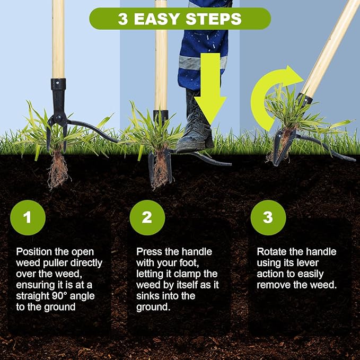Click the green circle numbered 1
point(28,217)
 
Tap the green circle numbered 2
point(147,217)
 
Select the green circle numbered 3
point(268,217)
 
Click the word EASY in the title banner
point(157,19)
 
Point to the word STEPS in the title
point(214,19)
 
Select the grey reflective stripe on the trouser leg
point(202,63)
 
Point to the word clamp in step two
point(186,274)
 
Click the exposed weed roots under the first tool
point(58,169)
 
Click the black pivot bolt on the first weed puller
point(59,118)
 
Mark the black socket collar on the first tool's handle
point(58,84)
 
